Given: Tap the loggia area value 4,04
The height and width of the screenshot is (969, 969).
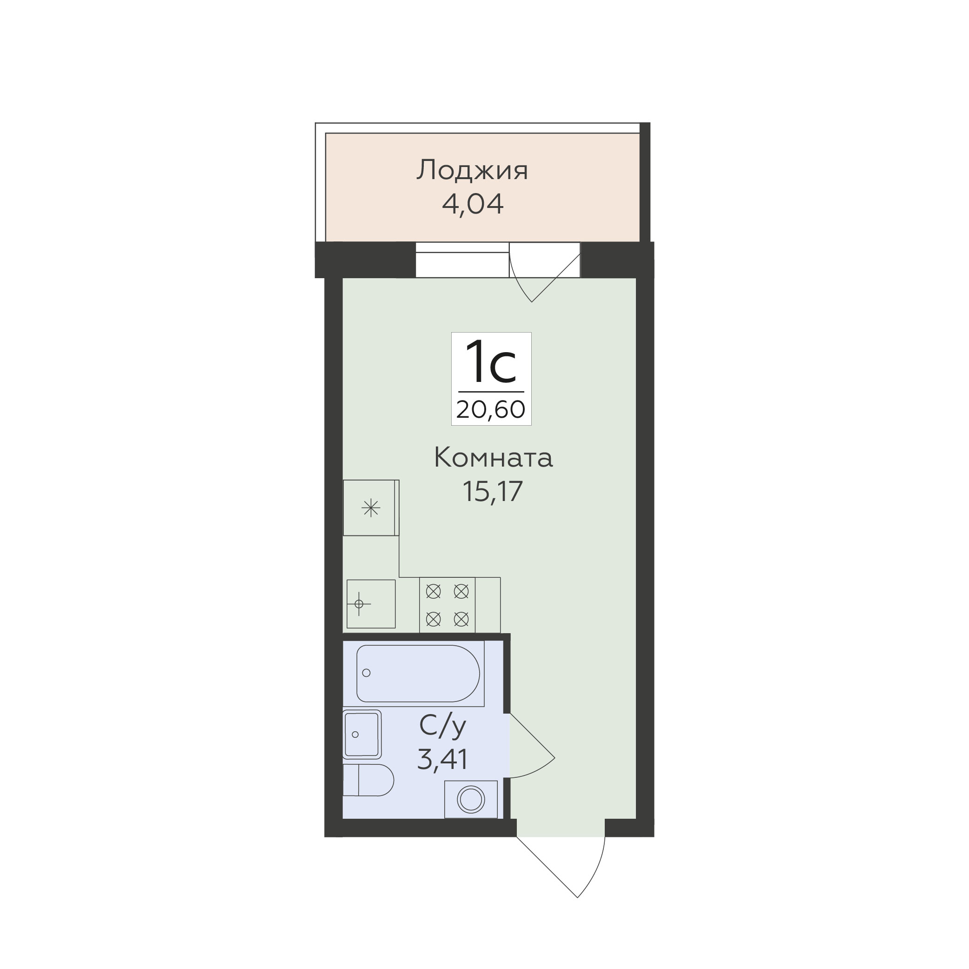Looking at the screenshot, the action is point(473,204).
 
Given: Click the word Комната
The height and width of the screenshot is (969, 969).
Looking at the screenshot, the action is point(493,458).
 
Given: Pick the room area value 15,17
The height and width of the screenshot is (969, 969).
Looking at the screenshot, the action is point(493,491).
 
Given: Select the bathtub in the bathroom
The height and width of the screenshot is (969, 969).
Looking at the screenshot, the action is point(418,673).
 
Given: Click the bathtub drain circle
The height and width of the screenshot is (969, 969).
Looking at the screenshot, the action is point(366,673).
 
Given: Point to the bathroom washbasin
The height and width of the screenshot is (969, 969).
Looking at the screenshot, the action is point(361,734).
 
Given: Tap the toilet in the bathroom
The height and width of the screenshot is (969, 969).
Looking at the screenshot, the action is point(368,780).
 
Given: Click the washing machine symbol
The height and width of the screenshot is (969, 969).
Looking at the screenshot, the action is point(471,799).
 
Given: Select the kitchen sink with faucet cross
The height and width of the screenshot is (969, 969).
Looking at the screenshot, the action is point(371,604).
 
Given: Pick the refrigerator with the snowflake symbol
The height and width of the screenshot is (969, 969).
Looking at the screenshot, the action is point(371,508).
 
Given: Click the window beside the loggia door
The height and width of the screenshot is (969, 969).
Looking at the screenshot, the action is point(462,260).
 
